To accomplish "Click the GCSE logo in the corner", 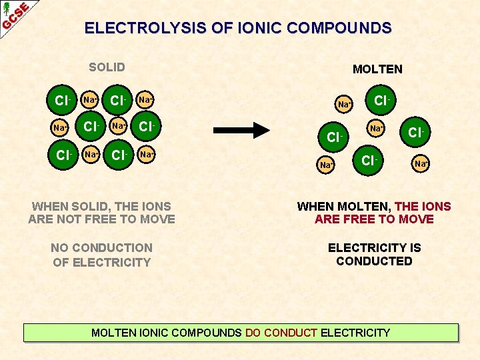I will pos(15,15).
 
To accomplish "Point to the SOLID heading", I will pos(107,67).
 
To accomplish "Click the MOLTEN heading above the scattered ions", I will pos(377,69).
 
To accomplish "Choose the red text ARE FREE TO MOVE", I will pos(374,219).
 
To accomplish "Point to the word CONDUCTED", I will pos(374,261).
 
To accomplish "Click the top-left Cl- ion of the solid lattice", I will pos(63,101).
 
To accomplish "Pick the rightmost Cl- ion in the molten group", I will pos(416,133).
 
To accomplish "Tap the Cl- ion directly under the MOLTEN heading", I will pos(382,101).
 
